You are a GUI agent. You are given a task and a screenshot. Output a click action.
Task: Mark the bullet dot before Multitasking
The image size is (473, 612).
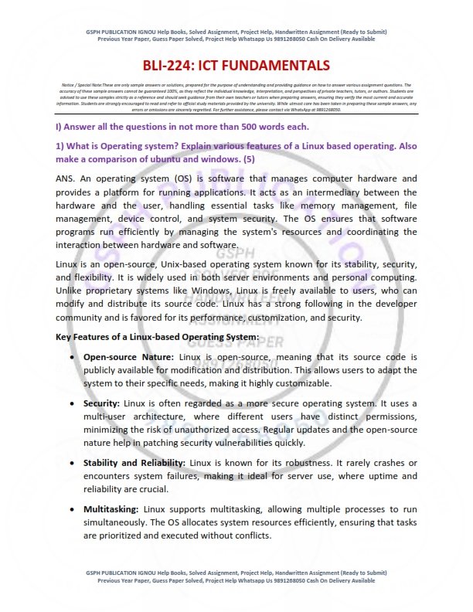72,510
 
